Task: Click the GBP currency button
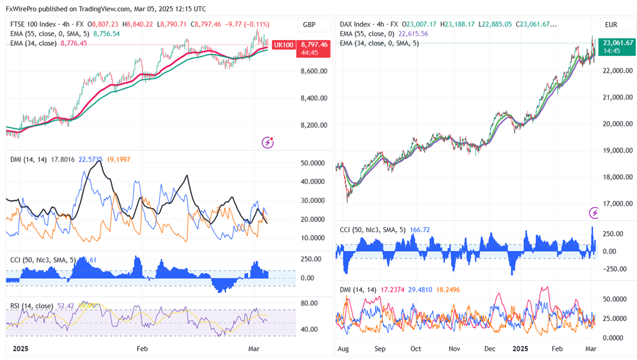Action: click(x=309, y=25)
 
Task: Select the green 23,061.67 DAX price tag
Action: click(x=617, y=43)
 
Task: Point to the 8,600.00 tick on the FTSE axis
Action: click(x=314, y=72)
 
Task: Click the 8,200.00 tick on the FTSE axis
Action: click(x=314, y=126)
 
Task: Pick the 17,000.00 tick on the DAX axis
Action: click(x=617, y=204)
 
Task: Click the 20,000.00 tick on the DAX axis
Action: click(x=617, y=124)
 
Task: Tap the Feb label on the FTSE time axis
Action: click(x=142, y=349)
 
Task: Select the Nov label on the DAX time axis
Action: click(x=454, y=349)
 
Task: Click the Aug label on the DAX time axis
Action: click(x=342, y=349)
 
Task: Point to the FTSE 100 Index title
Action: click(x=34, y=25)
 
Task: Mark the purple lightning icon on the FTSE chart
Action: click(x=268, y=143)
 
